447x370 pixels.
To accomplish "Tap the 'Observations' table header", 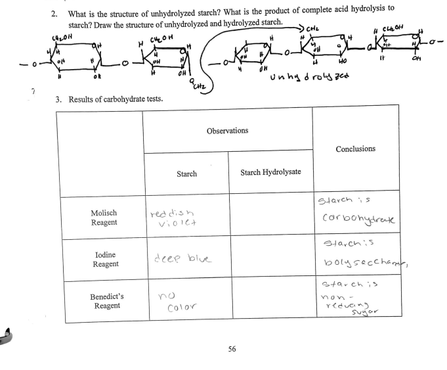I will [227, 130].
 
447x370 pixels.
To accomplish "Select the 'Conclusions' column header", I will [355, 149].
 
